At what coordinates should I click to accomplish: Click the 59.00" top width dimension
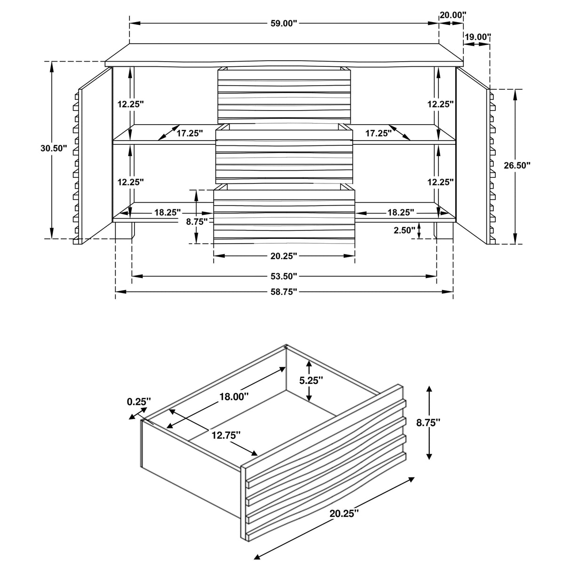pyautogui.click(x=284, y=24)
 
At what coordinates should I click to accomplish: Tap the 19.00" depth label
pyautogui.click(x=478, y=37)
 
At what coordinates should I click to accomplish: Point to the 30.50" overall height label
pyautogui.click(x=54, y=148)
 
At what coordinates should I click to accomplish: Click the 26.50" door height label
pyautogui.click(x=516, y=165)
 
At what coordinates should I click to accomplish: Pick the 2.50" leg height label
pyautogui.click(x=404, y=230)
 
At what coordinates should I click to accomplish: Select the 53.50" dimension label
pyautogui.click(x=284, y=276)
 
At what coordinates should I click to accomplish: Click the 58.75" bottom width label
pyautogui.click(x=284, y=292)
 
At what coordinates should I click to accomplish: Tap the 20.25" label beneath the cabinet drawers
pyautogui.click(x=284, y=256)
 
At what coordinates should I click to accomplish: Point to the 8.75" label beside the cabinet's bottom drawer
pyautogui.click(x=197, y=222)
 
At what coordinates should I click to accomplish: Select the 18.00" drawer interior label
pyautogui.click(x=234, y=397)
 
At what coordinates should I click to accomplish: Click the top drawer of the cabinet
pyautogui.click(x=284, y=95)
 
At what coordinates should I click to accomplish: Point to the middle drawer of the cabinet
pyautogui.click(x=284, y=155)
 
